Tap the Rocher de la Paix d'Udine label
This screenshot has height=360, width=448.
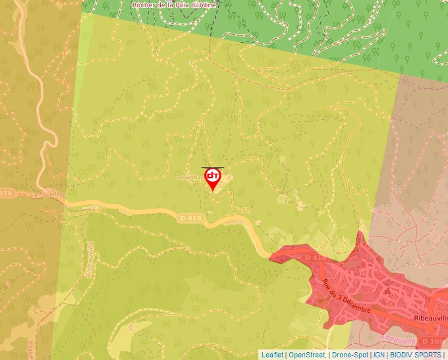173,5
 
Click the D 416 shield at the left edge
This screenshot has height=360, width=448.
5,193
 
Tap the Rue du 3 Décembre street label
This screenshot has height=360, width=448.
347,297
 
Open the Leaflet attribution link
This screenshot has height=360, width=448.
272,355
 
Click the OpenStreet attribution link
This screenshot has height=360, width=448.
306,355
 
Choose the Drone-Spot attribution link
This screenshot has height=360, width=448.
350,355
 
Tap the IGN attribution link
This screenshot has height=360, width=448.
379,355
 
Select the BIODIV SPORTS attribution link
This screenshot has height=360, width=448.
416,355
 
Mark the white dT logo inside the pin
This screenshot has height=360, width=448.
213,176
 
